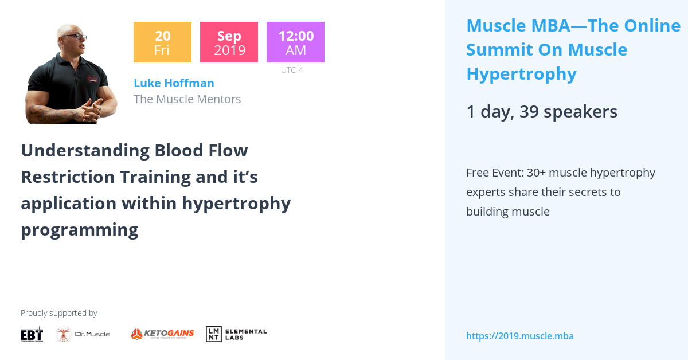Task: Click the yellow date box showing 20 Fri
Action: click(162, 42)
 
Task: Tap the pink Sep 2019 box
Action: click(229, 42)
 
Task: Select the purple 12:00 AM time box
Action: click(295, 42)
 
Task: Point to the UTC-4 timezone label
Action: click(292, 71)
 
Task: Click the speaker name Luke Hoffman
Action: click(174, 83)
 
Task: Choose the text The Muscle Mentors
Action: click(187, 99)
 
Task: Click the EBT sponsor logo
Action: click(32, 334)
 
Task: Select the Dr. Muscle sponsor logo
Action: click(83, 334)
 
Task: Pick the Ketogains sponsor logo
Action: click(162, 334)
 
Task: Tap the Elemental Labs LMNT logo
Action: click(236, 334)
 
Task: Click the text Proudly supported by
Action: click(58, 313)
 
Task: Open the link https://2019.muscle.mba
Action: click(519, 336)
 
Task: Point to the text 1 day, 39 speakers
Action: click(541, 112)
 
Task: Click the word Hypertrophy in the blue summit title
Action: click(521, 74)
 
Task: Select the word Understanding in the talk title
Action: click(85, 151)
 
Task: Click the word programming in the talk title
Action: click(79, 230)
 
